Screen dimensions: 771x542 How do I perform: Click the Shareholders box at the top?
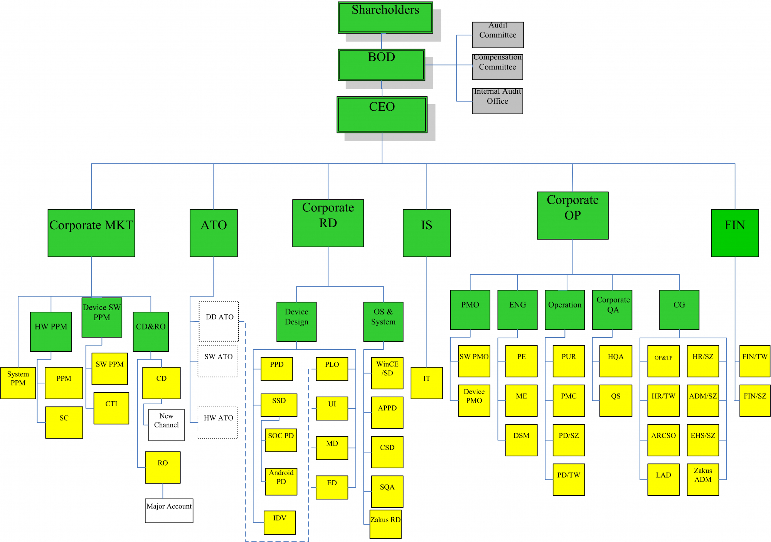click(385, 17)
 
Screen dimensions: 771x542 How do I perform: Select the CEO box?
click(382, 115)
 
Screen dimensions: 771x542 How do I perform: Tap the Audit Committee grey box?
click(498, 35)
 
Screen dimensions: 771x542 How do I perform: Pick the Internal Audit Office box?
click(497, 101)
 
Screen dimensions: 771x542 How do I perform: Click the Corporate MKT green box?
click(91, 233)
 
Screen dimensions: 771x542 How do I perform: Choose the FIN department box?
click(735, 233)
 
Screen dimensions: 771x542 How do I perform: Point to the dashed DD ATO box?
click(219, 321)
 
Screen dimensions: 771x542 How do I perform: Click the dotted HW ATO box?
click(218, 422)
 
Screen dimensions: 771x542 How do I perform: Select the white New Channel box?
click(167, 425)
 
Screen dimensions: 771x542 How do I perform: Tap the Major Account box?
click(169, 511)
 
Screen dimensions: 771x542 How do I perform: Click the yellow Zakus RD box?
click(385, 524)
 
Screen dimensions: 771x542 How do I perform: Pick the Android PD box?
click(281, 481)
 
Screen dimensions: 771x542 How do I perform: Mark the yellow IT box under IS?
click(427, 383)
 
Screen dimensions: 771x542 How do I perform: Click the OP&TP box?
click(663, 361)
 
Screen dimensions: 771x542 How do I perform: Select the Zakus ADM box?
click(703, 480)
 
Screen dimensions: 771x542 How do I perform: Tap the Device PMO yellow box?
click(474, 400)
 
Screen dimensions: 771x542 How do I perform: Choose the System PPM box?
click(18, 383)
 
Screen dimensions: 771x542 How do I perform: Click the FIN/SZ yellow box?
click(755, 400)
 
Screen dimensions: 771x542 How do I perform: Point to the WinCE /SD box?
click(387, 373)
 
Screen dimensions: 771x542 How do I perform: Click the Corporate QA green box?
click(612, 310)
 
